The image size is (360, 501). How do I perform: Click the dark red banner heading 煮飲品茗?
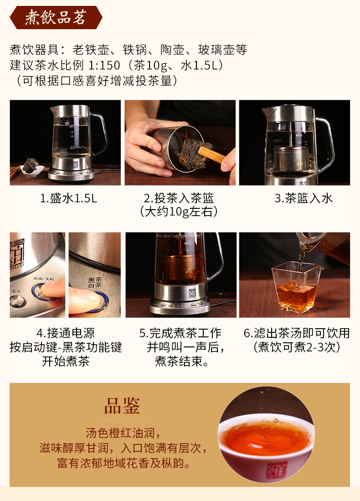56,17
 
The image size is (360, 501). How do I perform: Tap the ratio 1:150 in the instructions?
104,65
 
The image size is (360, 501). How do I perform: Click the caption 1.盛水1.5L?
68,198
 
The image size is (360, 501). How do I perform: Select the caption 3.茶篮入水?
303,198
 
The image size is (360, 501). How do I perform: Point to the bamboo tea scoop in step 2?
212,155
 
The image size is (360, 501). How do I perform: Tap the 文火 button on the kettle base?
18,301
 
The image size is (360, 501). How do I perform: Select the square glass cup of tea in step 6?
297,287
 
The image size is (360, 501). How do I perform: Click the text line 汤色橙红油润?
123,433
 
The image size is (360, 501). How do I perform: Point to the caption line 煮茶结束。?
182,362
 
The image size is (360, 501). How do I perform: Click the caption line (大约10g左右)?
179,211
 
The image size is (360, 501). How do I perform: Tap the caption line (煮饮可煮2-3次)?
297,347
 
